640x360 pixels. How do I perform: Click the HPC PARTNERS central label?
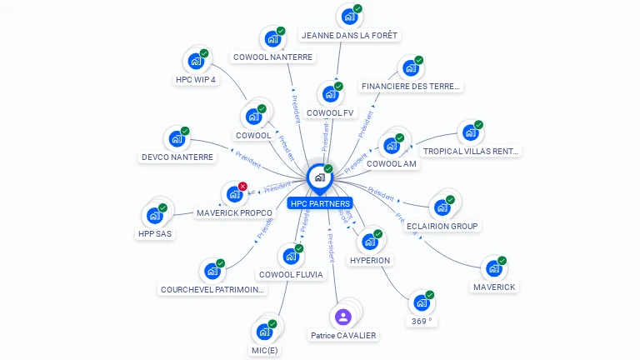[x=320, y=203]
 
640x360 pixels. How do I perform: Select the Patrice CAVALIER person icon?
[x=342, y=317]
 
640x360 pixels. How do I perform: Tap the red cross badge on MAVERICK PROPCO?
[x=242, y=186]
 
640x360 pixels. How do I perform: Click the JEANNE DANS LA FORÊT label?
[x=350, y=36]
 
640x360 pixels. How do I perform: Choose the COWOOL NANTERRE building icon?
[x=272, y=38]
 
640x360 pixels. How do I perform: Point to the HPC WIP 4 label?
[x=196, y=80]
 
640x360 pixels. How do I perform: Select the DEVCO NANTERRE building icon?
[x=176, y=138]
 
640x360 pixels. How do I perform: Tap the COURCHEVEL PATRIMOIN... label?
[x=212, y=290]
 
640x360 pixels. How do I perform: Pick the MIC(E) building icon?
[x=264, y=332]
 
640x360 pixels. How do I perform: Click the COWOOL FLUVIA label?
[x=290, y=274]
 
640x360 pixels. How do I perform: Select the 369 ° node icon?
[x=422, y=302]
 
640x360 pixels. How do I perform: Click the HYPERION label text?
[x=370, y=260]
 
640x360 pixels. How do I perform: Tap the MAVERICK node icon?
[x=493, y=268]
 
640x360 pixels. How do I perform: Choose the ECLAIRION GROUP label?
[x=442, y=226]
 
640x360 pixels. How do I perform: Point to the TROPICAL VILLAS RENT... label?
[x=471, y=152]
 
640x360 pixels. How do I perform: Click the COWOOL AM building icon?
[x=391, y=145]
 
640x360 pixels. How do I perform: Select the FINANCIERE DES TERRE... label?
[x=411, y=86]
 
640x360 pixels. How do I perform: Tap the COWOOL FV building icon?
[x=330, y=94]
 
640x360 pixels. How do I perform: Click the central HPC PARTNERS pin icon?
[x=319, y=177]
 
